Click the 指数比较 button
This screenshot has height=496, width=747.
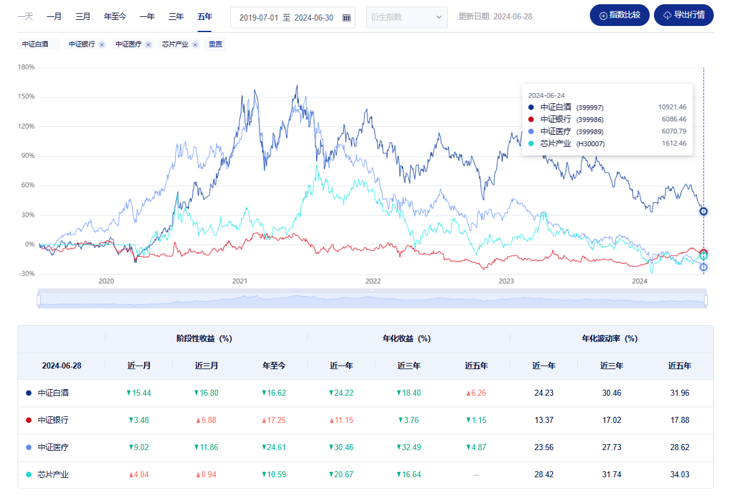click(619, 15)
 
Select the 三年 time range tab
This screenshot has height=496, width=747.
click(176, 17)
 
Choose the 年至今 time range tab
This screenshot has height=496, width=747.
click(115, 17)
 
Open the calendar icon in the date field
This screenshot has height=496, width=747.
click(346, 18)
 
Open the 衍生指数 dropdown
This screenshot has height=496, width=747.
click(407, 17)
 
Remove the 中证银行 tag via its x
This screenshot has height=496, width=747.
click(102, 44)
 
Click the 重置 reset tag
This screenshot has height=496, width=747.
click(215, 44)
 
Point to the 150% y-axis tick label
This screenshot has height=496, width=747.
click(27, 97)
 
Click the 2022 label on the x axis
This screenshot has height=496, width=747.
click(373, 281)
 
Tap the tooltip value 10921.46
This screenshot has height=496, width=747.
click(672, 107)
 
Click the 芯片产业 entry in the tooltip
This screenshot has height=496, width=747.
click(555, 143)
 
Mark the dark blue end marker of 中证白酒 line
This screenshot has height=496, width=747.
click(703, 211)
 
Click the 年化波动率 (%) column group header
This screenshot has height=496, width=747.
click(610, 338)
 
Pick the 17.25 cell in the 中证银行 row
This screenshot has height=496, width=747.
click(274, 420)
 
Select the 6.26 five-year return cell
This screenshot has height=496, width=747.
click(476, 393)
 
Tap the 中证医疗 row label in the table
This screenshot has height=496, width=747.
click(53, 447)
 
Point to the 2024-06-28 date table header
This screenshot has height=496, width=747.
click(61, 366)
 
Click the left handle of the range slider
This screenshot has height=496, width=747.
click(39, 300)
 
